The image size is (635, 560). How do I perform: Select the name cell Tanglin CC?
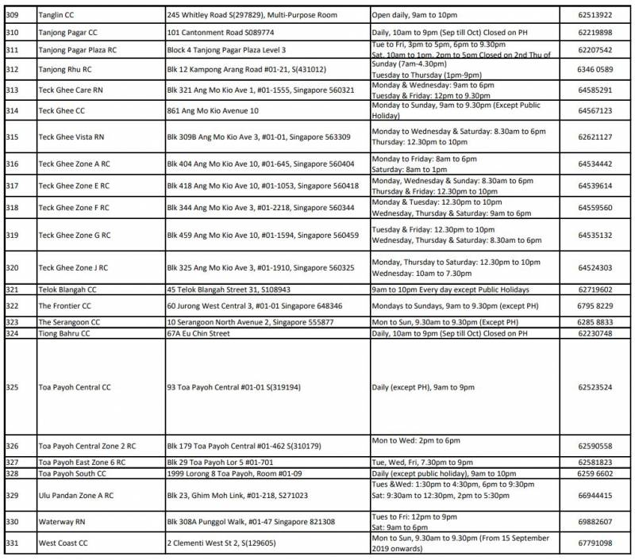point(58,15)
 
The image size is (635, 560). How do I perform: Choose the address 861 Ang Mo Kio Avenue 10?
point(213,110)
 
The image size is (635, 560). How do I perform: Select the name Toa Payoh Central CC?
point(75,388)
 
